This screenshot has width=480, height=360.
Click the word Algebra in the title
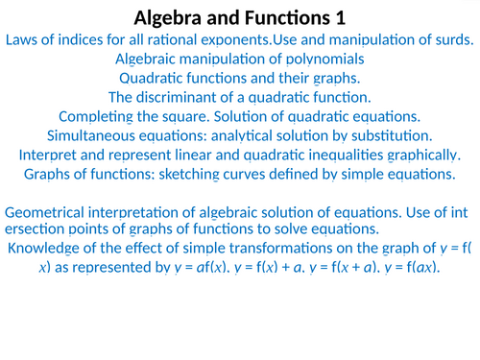(x=169, y=17)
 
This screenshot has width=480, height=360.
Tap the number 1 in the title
(x=343, y=17)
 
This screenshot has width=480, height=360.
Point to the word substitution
(x=391, y=135)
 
